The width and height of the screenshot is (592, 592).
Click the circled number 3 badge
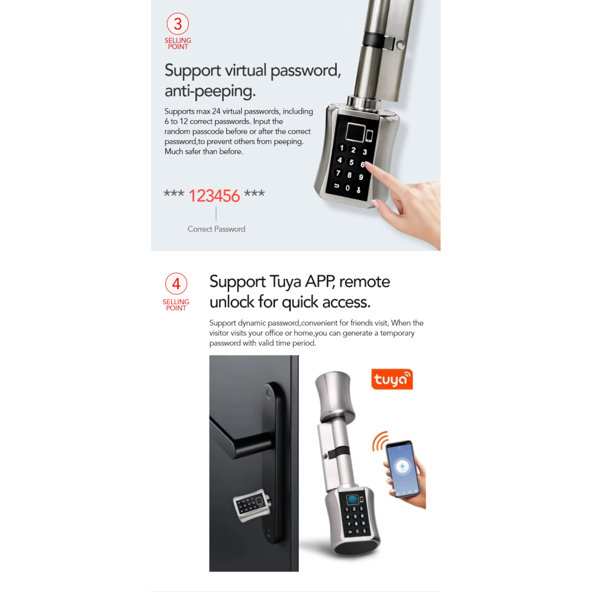(x=178, y=24)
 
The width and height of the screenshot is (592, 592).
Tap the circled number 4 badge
(x=176, y=284)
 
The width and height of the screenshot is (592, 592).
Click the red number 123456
(x=214, y=196)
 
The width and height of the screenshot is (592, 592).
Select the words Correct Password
(x=216, y=229)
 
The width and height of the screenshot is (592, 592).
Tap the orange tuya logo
(x=392, y=379)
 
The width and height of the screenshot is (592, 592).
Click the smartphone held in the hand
(x=402, y=468)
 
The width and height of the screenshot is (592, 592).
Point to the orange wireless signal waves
(x=379, y=441)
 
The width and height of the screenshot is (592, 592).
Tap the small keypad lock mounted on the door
(x=252, y=506)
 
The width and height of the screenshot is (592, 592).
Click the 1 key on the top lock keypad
(x=342, y=148)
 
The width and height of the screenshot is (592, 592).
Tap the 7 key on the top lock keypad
(x=338, y=173)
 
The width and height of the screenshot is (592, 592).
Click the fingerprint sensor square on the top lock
(x=355, y=133)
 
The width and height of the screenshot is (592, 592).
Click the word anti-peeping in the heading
(x=210, y=91)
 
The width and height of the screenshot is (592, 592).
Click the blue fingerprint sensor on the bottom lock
(x=353, y=500)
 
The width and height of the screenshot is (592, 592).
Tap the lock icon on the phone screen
(x=402, y=466)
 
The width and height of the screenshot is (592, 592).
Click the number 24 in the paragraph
(x=216, y=111)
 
